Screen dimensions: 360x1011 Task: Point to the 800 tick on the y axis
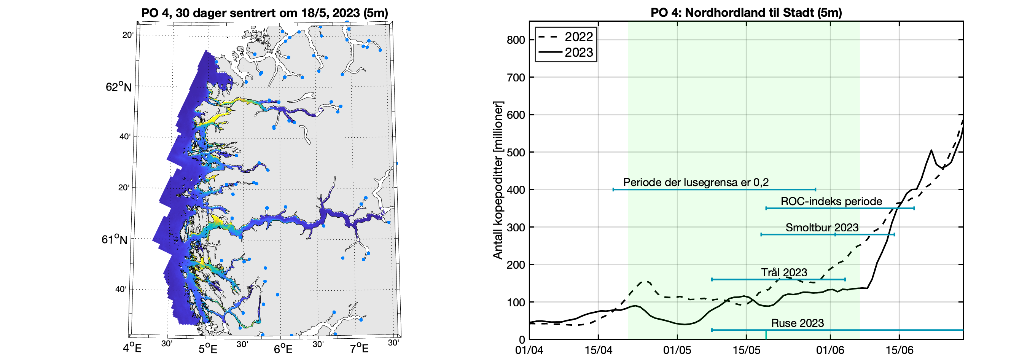point(515,40)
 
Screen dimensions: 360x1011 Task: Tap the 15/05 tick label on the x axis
point(746,350)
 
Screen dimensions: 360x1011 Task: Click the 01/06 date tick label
point(830,350)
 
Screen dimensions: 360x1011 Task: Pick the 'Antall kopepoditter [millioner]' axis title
point(498,180)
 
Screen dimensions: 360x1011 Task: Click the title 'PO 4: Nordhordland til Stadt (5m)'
point(746,13)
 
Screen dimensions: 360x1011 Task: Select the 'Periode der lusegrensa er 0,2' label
point(696,182)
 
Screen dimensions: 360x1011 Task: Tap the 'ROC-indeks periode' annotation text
point(831,201)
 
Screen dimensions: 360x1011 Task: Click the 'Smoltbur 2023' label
point(822,227)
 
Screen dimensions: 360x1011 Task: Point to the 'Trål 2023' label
point(784,272)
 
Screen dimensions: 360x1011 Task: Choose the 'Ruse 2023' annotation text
point(797,323)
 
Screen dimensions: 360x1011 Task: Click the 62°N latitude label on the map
point(118,87)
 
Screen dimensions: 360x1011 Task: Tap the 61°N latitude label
point(114,239)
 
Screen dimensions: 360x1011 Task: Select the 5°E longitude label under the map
point(207,349)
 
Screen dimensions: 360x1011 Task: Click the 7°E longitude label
point(359,349)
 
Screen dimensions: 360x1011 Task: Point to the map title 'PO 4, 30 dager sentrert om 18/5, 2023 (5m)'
point(264,13)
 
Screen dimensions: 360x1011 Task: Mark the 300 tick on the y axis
point(515,227)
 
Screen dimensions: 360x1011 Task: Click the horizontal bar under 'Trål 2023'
point(778,280)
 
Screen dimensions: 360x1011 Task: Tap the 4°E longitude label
point(132,348)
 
